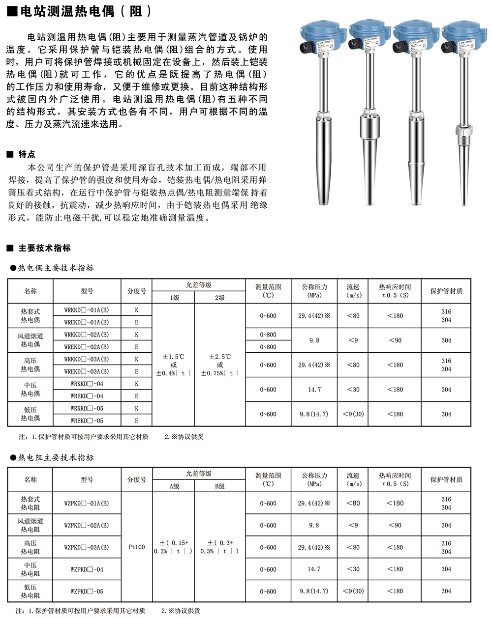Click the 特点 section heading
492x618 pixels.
[x=27, y=154]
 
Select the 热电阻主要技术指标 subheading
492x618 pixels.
[x=56, y=458]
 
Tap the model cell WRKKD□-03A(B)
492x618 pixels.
[x=87, y=359]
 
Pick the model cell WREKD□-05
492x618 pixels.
[x=87, y=421]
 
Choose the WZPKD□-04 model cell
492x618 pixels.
[x=87, y=569]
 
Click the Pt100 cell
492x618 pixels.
[x=136, y=547]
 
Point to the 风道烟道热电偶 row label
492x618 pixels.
[x=30, y=340]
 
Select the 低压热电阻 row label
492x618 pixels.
[x=30, y=591]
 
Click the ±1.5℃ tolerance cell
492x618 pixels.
[x=173, y=365]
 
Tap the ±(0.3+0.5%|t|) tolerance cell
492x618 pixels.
[x=219, y=547]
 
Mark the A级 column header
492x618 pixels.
[x=174, y=486]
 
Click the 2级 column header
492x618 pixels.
[x=219, y=298]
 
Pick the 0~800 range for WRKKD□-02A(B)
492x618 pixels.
[x=268, y=335]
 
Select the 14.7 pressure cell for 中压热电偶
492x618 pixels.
[x=314, y=390]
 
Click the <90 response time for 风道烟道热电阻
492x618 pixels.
[x=395, y=525]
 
